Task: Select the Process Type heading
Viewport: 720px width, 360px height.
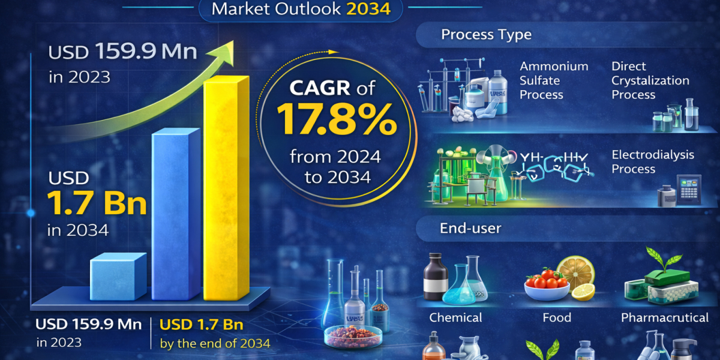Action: (486, 34)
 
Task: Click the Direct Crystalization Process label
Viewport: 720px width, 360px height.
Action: (650, 80)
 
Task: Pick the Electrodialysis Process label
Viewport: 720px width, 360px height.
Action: (653, 161)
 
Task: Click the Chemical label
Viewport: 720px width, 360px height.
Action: (455, 317)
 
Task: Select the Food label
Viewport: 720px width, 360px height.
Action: (557, 317)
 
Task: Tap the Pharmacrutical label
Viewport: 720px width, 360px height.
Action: (665, 317)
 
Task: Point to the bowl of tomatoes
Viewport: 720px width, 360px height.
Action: (546, 286)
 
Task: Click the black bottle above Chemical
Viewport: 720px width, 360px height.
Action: (436, 277)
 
